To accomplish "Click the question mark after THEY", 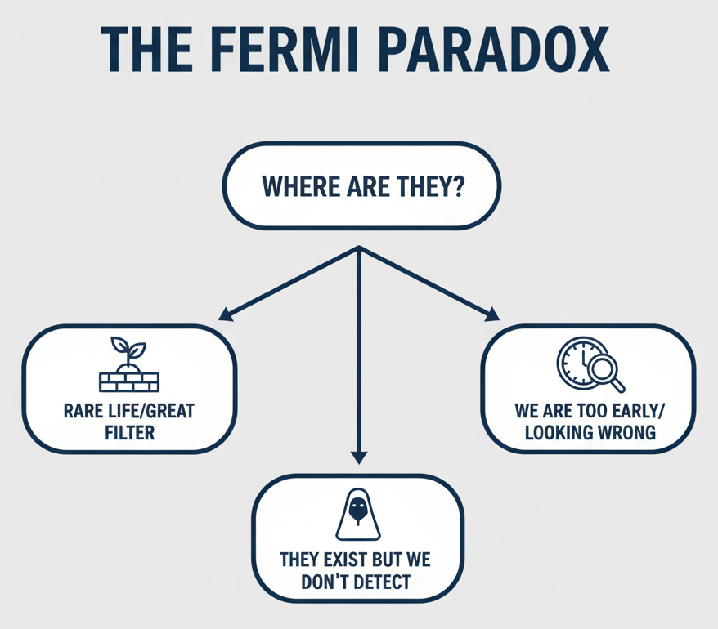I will [458, 187].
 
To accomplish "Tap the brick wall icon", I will [129, 381].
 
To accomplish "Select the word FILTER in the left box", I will [128, 430].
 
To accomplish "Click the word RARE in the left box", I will [82, 410].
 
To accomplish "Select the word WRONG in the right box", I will [626, 431].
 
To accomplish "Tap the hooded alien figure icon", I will [357, 515].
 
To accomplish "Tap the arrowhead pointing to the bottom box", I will [358, 457].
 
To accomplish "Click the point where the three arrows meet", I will [358, 248].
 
